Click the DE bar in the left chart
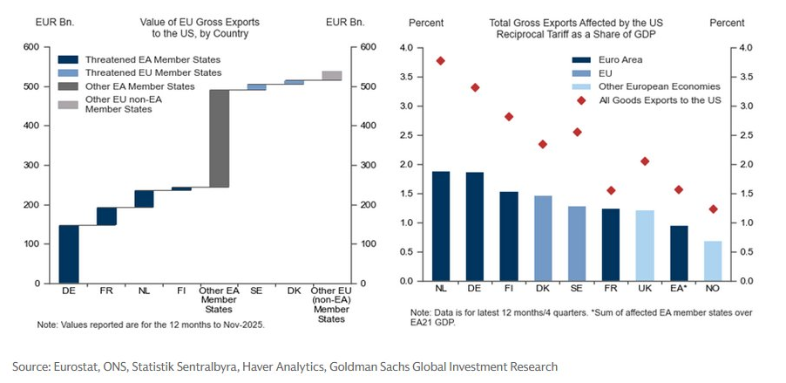coord(69,254)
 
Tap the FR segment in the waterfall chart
coord(106,215)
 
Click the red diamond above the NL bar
coord(440,61)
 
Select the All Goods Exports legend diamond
coord(581,100)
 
